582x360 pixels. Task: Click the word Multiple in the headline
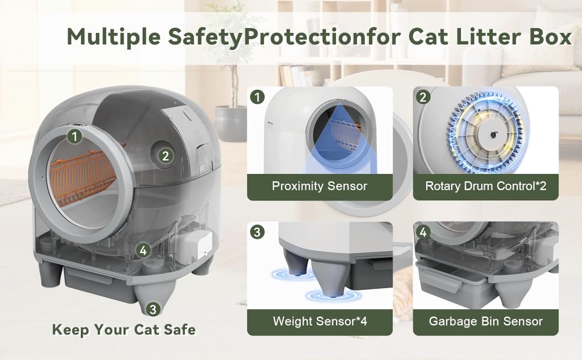click(113, 37)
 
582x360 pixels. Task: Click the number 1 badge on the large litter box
click(74, 136)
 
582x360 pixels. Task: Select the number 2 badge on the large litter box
click(166, 155)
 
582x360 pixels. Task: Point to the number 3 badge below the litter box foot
click(153, 309)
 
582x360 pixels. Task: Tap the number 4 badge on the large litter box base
click(143, 251)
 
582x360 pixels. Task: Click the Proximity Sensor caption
click(320, 186)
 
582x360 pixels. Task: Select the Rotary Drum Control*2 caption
click(485, 186)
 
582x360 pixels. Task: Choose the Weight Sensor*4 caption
click(320, 321)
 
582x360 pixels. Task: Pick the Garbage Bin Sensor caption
click(485, 321)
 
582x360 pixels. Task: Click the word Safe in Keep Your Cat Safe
click(179, 329)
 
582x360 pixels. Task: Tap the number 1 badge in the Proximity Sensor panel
click(257, 97)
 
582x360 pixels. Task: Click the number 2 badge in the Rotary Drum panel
click(423, 97)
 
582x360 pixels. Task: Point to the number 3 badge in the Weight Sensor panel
click(257, 232)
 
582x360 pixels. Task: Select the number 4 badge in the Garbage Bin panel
click(423, 232)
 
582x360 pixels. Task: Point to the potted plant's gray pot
click(231, 123)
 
